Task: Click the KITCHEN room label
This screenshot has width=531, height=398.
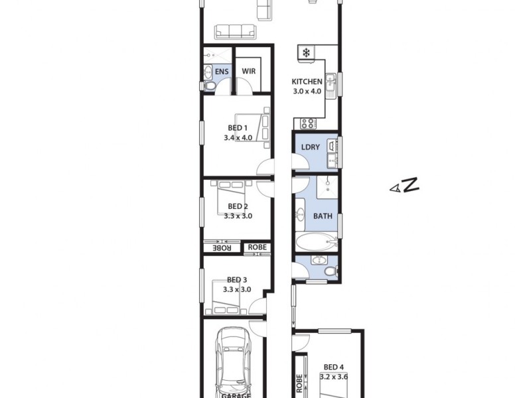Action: [x=307, y=82]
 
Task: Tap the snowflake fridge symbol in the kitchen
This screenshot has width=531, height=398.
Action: [x=307, y=53]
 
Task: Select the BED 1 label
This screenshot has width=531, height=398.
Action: [x=238, y=128]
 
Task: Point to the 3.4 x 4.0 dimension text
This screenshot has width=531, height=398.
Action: [x=238, y=138]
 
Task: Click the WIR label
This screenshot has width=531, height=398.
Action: [x=249, y=71]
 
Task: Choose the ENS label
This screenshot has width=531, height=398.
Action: [x=222, y=71]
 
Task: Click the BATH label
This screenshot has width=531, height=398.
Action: [x=323, y=216]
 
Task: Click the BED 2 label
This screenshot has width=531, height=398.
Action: [x=237, y=206]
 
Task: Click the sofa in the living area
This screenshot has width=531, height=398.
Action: [x=235, y=31]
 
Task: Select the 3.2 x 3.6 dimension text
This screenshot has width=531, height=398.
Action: [x=335, y=376]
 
